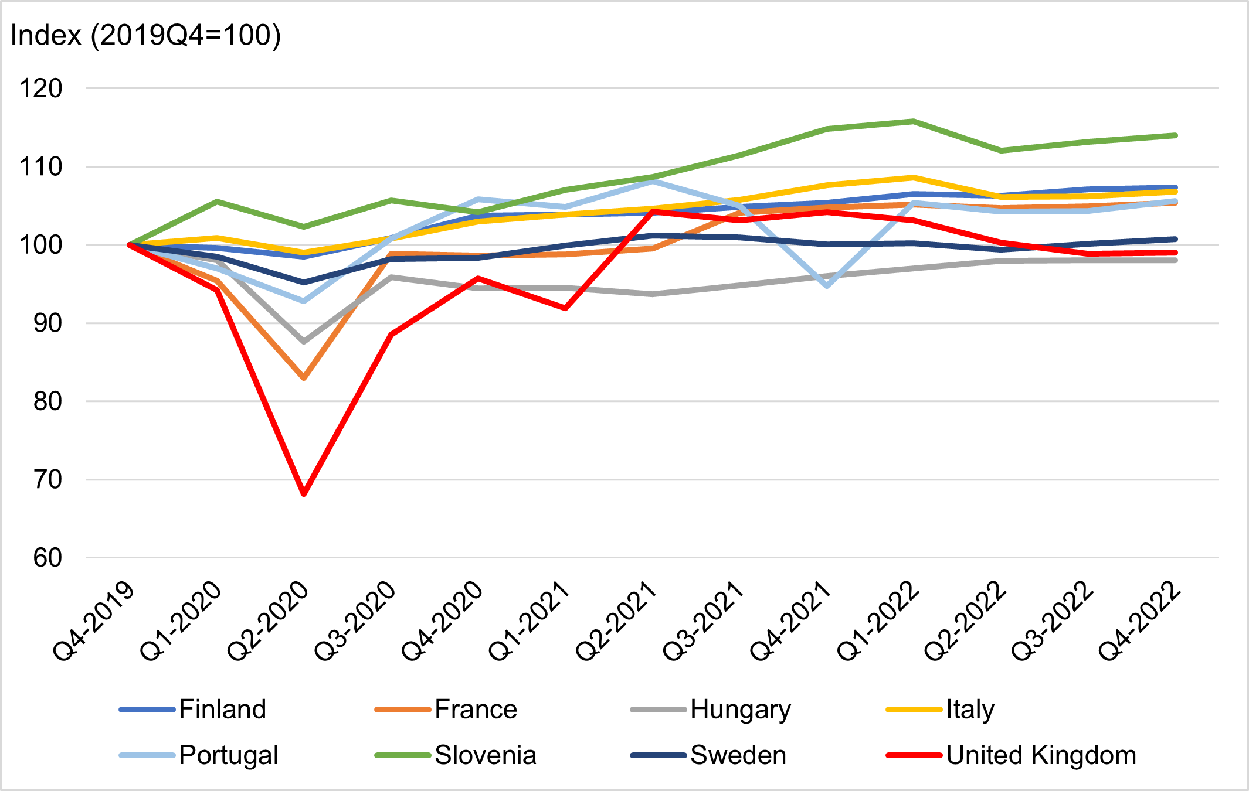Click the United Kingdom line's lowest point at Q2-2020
coord(304,493)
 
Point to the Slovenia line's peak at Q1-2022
coord(914,121)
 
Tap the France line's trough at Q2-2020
coord(304,378)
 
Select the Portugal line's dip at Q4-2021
coord(827,285)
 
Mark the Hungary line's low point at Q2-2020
coord(304,341)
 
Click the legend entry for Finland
coord(193,710)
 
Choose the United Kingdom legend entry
coord(1011,755)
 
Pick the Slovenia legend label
coord(486,755)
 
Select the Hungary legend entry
coord(711,710)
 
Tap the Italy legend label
coord(970,710)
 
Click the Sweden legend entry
coord(708,755)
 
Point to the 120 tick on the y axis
coord(41,88)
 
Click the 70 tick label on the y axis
coord(47,479)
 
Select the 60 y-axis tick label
coord(47,558)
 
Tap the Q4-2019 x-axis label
coord(94,621)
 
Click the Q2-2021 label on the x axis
coord(616,621)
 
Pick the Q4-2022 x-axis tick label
coord(1139,621)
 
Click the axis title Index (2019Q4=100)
coord(146,35)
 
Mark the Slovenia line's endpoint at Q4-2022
coord(1175,135)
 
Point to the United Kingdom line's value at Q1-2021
coord(565,308)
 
